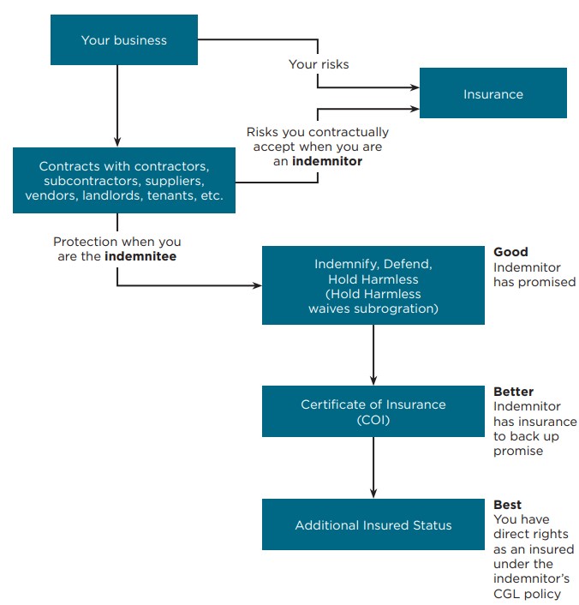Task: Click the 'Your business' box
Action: point(123,40)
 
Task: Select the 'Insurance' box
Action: point(492,93)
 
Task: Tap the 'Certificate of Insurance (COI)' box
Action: point(373,412)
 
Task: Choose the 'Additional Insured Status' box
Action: point(373,524)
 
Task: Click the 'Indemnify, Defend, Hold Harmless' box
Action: point(373,285)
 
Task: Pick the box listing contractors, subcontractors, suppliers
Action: point(123,180)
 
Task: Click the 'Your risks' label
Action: point(319,64)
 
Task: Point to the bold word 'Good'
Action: point(510,252)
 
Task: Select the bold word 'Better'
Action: point(514,392)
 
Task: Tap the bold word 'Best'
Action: point(508,505)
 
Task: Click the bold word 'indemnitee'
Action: point(140,256)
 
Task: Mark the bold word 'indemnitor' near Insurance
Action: point(326,161)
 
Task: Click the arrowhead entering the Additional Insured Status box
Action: point(373,494)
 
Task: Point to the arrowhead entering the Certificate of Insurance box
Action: point(373,380)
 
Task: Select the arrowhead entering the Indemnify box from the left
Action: point(256,285)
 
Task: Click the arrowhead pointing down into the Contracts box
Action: point(116,141)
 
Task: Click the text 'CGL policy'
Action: point(527,594)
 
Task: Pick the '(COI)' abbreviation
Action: point(373,420)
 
